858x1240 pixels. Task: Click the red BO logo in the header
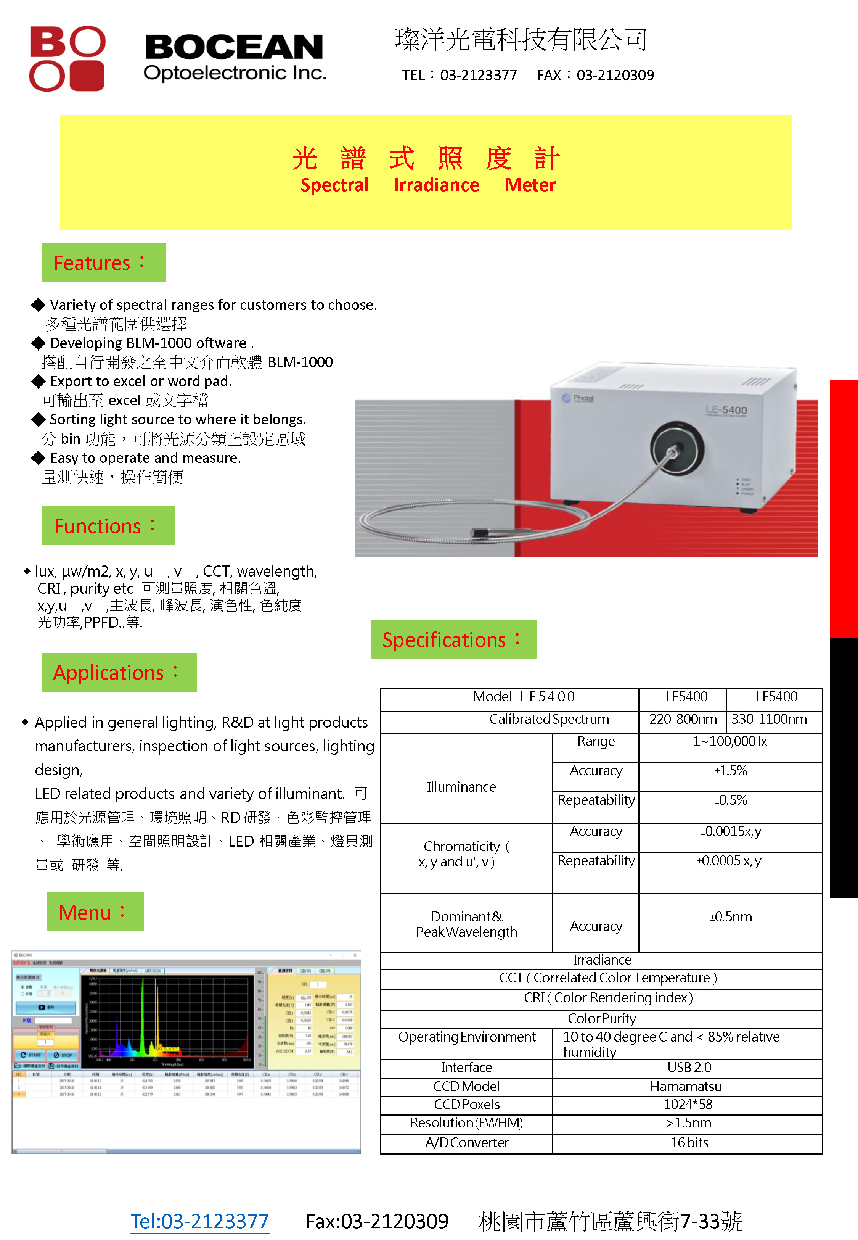(x=67, y=58)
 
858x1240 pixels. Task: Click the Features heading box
(x=103, y=262)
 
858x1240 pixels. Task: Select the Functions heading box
(x=108, y=525)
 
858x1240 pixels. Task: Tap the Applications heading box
(x=119, y=672)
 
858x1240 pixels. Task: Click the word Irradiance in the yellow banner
(x=436, y=185)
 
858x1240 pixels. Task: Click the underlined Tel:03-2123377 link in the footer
(x=199, y=1221)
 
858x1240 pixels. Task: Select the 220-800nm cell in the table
(x=682, y=720)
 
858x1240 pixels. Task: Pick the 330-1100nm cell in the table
(x=769, y=720)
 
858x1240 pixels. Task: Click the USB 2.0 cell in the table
(x=689, y=1068)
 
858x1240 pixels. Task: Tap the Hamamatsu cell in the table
(x=685, y=1087)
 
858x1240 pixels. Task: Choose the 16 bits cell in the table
(x=689, y=1143)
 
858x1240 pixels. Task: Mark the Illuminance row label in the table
(x=461, y=787)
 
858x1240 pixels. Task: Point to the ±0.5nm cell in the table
(x=731, y=917)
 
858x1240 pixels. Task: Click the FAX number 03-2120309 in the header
(x=615, y=75)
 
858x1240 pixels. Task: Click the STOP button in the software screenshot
(x=63, y=1055)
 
